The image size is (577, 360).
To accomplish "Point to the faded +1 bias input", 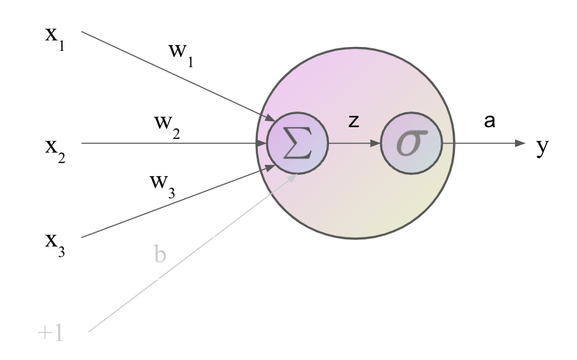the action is (x=50, y=333).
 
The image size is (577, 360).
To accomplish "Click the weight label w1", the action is (x=181, y=55).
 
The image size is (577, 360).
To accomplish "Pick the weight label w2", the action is (x=167, y=127).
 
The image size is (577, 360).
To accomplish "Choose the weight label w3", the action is (x=163, y=187).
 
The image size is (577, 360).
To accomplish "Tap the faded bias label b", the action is (x=160, y=254).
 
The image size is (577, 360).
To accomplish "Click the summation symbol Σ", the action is (x=298, y=143).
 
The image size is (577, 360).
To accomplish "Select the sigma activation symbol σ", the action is (x=412, y=143).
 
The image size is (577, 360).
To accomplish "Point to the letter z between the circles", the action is (x=354, y=121).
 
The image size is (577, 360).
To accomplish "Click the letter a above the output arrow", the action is (x=490, y=121).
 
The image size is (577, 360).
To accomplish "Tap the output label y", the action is (x=542, y=147).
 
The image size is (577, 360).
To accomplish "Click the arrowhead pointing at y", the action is (x=520, y=143).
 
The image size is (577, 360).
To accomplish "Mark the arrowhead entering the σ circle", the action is (x=375, y=143).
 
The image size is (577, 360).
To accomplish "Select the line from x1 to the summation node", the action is (x=178, y=76).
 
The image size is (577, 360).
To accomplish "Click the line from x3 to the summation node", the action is (x=178, y=202).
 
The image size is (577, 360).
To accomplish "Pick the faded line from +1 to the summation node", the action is (x=193, y=253).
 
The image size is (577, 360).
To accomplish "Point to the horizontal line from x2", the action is (x=174, y=143).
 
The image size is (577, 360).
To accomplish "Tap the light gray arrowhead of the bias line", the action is (x=292, y=177).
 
